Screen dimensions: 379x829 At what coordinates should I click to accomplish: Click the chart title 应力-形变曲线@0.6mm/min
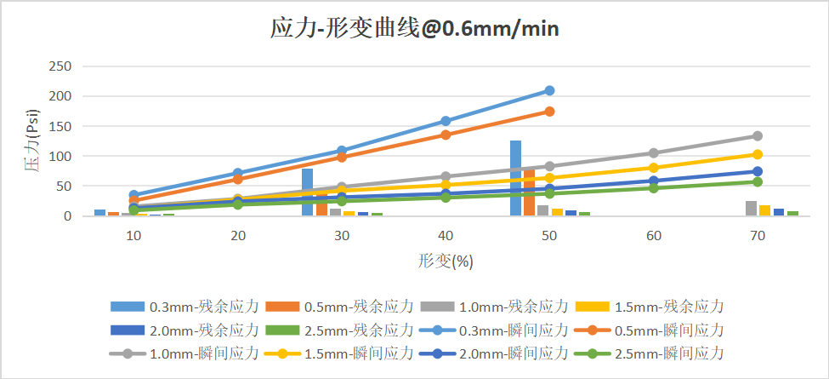point(414,29)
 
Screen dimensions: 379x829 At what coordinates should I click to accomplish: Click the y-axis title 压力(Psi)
point(31,141)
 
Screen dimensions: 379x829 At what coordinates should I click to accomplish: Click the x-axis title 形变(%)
point(446,261)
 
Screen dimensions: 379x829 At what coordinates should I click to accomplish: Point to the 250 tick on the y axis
point(60,66)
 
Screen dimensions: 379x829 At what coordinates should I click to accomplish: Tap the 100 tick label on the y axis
point(60,157)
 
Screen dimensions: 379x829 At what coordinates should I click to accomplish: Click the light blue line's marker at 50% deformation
point(549,90)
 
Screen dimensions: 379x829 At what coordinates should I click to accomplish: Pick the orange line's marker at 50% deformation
point(549,112)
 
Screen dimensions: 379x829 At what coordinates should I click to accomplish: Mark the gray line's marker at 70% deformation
point(757,136)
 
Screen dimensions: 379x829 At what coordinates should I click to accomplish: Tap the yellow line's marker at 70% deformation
point(757,154)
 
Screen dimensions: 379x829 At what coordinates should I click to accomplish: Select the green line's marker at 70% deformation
point(757,181)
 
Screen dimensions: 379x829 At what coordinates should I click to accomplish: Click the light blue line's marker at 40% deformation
point(446,121)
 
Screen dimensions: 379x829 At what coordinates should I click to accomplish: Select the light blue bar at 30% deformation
point(308,192)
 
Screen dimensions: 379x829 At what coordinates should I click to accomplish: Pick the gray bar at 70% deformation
point(751,209)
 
